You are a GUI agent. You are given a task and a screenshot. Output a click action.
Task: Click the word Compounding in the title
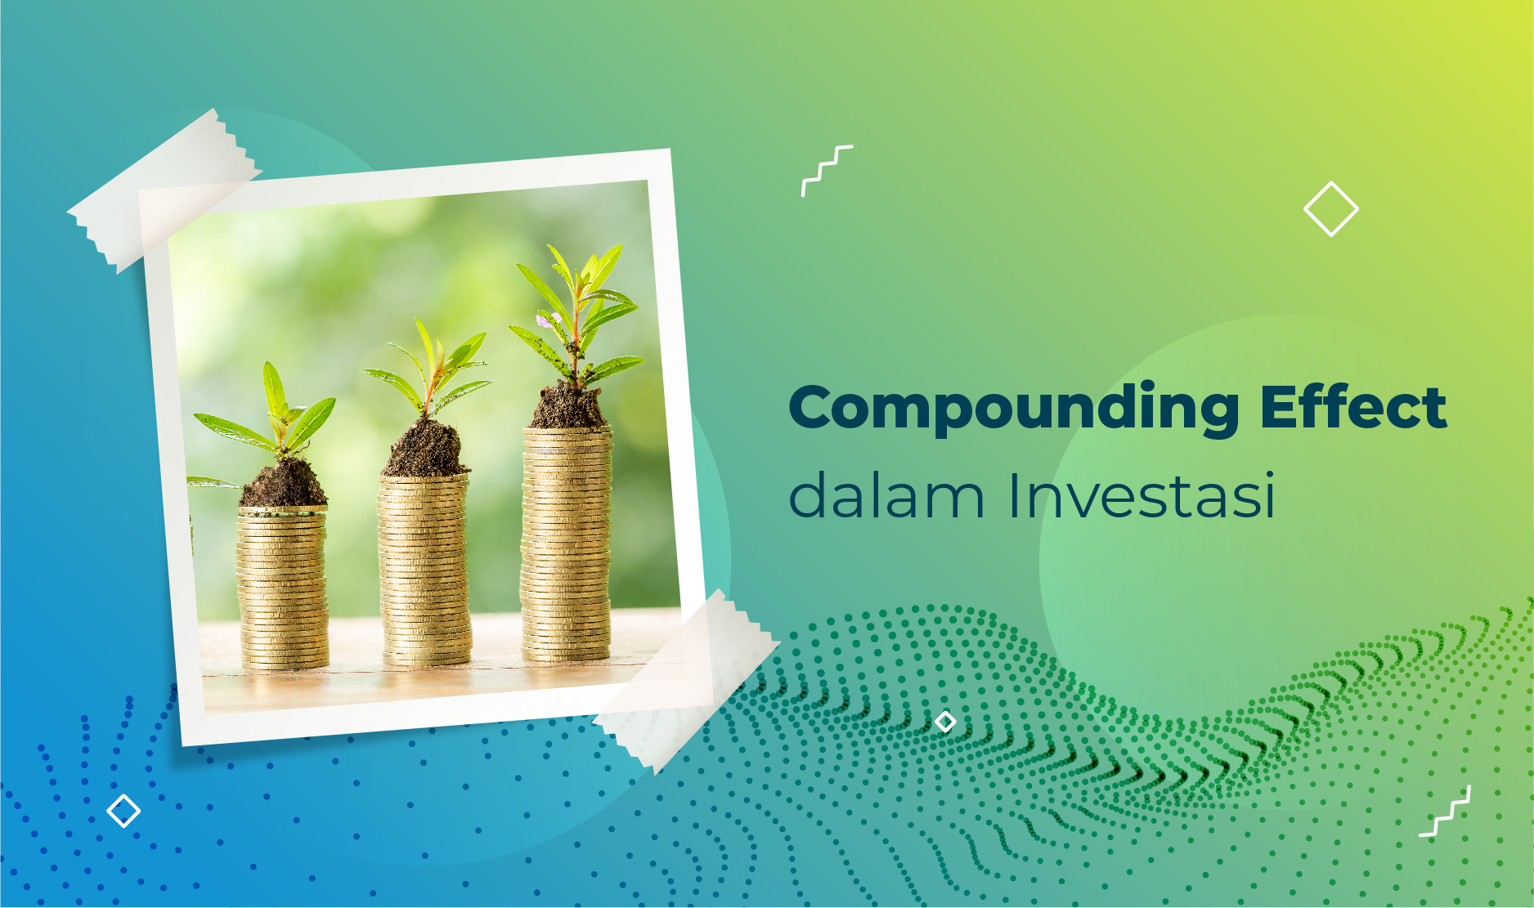(1014, 409)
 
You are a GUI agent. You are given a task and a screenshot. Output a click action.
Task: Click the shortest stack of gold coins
(283, 587)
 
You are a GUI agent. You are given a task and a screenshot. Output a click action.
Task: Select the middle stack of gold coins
(424, 569)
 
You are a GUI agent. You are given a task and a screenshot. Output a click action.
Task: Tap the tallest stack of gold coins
(566, 543)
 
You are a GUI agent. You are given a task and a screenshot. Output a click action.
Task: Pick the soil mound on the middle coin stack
(425, 449)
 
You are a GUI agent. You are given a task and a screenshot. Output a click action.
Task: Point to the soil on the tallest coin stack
(568, 406)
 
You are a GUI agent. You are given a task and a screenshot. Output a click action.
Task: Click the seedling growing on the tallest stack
(576, 315)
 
